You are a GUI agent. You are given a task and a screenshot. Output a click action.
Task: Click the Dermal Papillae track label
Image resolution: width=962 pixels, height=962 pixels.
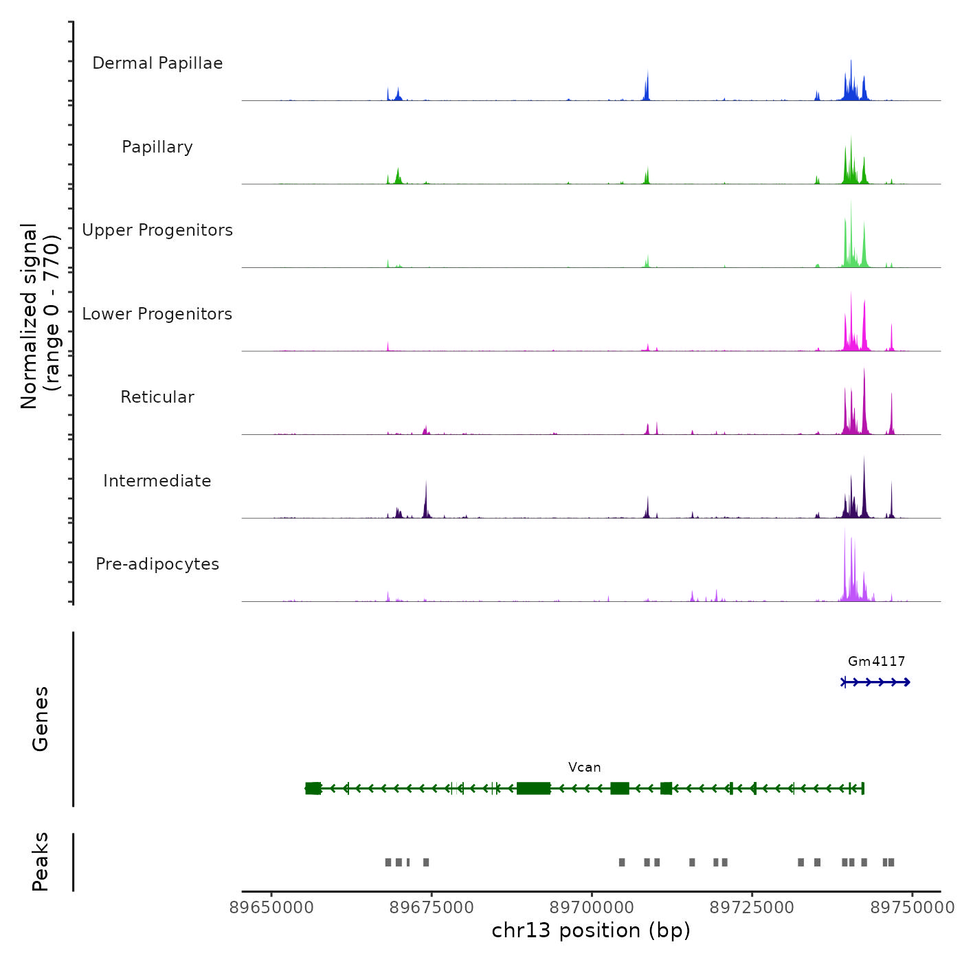(x=157, y=63)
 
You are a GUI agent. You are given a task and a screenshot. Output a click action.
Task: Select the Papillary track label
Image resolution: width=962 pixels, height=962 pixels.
(x=157, y=147)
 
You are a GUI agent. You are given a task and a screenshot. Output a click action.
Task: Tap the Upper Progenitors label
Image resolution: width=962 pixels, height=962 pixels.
(x=157, y=230)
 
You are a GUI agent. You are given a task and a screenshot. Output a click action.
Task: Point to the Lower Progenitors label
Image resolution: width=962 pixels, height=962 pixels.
(x=157, y=314)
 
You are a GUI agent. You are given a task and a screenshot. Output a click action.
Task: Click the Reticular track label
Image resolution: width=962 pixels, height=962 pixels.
(x=157, y=397)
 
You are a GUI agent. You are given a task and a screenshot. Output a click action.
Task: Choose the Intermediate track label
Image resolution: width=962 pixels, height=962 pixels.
(x=157, y=481)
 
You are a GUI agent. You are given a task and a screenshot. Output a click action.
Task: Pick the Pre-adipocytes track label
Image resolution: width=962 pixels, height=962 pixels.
(x=157, y=564)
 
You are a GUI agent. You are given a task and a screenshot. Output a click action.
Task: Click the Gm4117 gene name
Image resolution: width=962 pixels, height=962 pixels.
(x=876, y=662)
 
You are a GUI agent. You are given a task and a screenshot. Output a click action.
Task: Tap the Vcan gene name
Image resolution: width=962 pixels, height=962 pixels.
(x=584, y=768)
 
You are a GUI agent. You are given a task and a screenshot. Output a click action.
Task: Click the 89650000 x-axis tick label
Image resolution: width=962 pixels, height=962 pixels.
(x=271, y=908)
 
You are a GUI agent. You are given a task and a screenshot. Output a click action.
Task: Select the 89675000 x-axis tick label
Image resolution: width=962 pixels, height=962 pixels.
(x=432, y=908)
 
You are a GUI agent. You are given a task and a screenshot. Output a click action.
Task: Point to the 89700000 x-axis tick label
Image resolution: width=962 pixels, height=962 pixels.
(x=592, y=908)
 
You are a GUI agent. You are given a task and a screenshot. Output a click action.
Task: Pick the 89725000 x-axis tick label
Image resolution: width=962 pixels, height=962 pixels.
(x=752, y=908)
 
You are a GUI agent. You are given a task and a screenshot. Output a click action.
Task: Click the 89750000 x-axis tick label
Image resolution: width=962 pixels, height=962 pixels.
(x=912, y=908)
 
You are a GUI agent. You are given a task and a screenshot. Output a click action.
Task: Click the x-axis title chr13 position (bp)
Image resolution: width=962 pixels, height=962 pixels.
(x=591, y=930)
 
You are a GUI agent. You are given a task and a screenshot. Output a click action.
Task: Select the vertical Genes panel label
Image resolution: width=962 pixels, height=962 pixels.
(x=41, y=719)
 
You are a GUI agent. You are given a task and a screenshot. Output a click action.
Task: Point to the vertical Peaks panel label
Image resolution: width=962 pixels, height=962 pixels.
(x=41, y=862)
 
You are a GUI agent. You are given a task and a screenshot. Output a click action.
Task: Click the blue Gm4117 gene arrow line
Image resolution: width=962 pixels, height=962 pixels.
(x=876, y=682)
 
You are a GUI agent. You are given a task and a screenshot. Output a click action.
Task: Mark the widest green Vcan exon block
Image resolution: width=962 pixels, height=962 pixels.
(x=533, y=788)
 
